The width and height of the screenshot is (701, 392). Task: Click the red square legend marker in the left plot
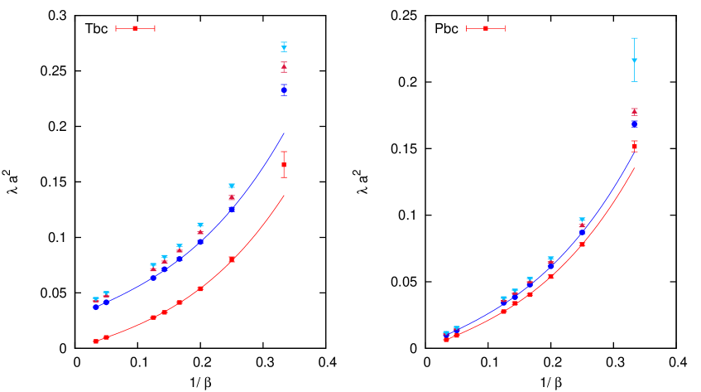[135, 28]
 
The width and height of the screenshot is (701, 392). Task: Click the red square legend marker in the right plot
[486, 28]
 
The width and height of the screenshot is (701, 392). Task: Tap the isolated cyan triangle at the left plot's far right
[284, 47]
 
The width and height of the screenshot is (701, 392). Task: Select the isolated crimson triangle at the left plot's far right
[284, 66]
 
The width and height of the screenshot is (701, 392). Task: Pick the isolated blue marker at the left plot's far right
[284, 89]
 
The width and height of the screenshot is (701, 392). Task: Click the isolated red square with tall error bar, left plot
[284, 164]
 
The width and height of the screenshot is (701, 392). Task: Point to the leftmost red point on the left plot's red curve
[96, 341]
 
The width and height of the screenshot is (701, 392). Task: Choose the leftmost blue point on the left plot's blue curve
[96, 307]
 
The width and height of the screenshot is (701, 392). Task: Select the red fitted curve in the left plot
[257, 235]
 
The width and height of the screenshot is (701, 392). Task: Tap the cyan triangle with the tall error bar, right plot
[635, 60]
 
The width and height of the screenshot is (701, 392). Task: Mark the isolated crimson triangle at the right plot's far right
[635, 111]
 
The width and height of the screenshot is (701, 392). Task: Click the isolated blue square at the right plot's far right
[635, 123]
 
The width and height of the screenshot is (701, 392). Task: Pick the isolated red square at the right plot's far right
[635, 147]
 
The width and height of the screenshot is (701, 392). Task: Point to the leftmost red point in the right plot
[446, 339]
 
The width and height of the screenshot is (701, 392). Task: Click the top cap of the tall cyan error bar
[635, 38]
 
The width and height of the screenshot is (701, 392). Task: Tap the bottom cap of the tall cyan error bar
[635, 81]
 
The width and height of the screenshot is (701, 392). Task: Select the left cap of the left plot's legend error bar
[116, 28]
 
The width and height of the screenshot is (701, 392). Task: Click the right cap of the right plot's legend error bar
[505, 28]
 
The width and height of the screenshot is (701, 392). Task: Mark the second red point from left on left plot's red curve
[106, 337]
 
